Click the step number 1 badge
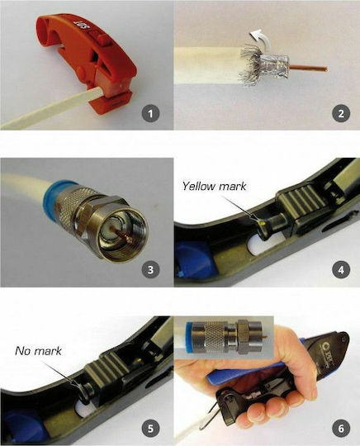[x=150, y=113]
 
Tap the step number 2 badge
[x=341, y=113]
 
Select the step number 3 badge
[x=150, y=269]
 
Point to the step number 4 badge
[x=341, y=269]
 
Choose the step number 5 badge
[x=150, y=428]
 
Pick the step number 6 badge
[x=341, y=428]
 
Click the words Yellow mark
[x=214, y=186]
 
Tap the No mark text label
[x=38, y=351]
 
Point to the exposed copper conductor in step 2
[x=309, y=69]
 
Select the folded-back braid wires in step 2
[x=250, y=67]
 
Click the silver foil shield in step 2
[x=275, y=66]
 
